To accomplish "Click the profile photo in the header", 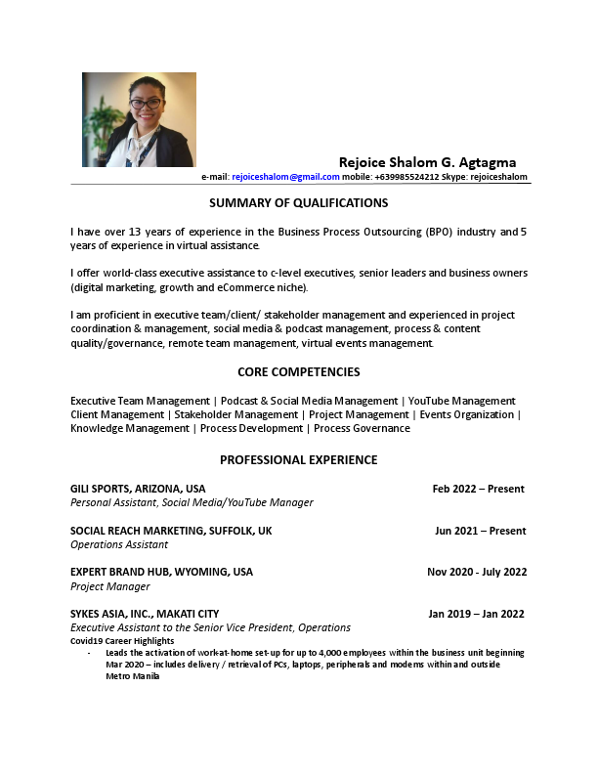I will pyautogui.click(x=139, y=119).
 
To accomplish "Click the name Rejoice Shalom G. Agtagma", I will pyautogui.click(x=427, y=162).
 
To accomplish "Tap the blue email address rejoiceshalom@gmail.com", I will pyautogui.click(x=285, y=177).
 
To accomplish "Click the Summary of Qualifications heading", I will pyautogui.click(x=299, y=203).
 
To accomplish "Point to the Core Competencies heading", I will pyautogui.click(x=299, y=372).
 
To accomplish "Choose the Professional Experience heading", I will pyautogui.click(x=299, y=460).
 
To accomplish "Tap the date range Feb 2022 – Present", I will pyautogui.click(x=478, y=489).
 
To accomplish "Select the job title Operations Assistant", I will pyautogui.click(x=119, y=544).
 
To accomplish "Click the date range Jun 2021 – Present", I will pyautogui.click(x=480, y=531).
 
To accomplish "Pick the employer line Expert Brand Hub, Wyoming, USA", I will pyautogui.click(x=161, y=572).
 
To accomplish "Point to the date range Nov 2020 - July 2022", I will pyautogui.click(x=477, y=572).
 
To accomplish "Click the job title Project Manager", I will pyautogui.click(x=110, y=586).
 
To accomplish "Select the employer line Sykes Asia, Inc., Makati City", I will pyautogui.click(x=145, y=614).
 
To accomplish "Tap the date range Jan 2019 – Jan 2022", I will pyautogui.click(x=477, y=614).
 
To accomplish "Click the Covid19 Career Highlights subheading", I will pyautogui.click(x=122, y=641).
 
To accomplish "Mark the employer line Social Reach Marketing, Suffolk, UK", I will pyautogui.click(x=171, y=531).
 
